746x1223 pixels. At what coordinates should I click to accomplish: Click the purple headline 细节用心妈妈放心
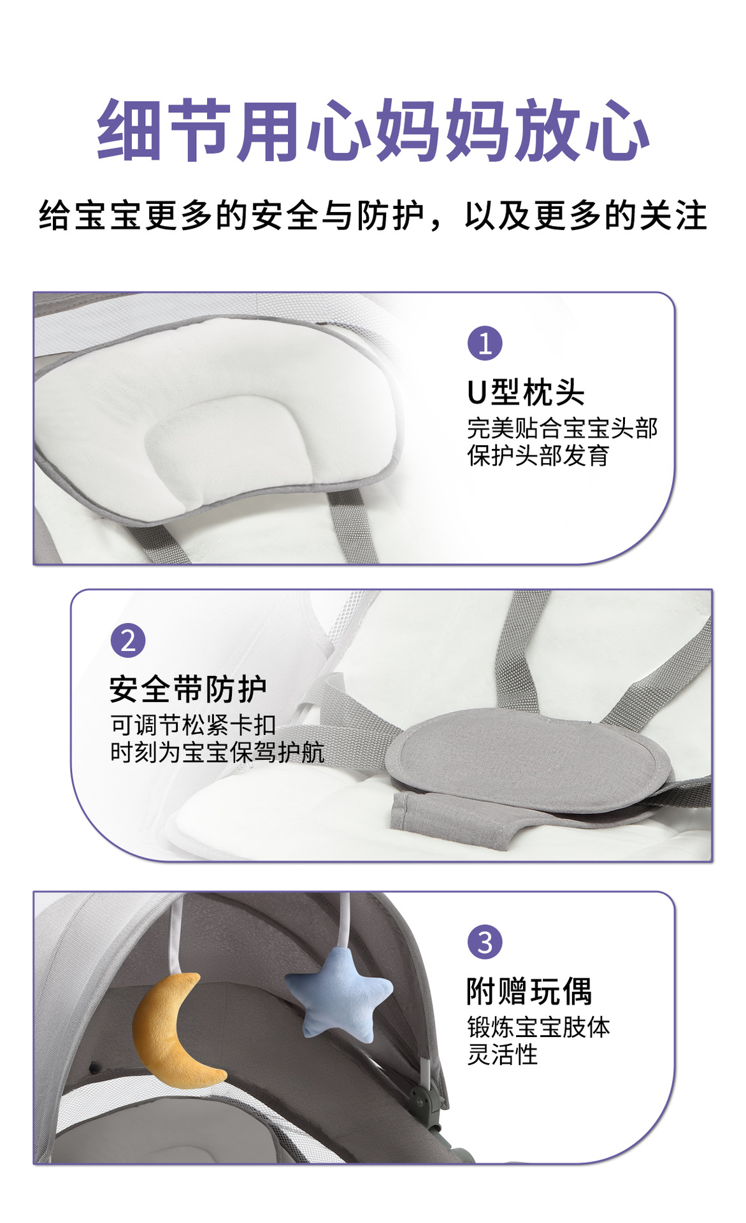coord(373,131)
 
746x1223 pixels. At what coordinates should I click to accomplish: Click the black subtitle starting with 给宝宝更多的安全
coord(373,215)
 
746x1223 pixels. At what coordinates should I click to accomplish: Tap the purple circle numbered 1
coord(485,343)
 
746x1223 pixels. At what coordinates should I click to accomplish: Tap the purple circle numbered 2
coord(128,641)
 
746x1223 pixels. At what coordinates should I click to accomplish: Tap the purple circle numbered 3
coord(485,942)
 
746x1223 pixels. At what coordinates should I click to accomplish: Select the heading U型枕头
coord(526,392)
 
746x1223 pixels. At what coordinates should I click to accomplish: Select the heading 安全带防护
coord(188,689)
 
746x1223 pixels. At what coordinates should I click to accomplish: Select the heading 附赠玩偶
coord(529,991)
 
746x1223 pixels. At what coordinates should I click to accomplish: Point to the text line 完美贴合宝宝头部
coord(563,428)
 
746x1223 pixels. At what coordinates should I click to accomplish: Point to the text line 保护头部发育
coord(538,455)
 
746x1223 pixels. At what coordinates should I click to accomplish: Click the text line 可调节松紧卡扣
coord(194,725)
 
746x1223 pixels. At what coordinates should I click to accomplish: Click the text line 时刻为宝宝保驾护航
coord(217,752)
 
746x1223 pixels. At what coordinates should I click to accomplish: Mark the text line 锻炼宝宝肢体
coord(539,1027)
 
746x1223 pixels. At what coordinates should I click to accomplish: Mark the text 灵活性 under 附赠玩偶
coord(503,1055)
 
